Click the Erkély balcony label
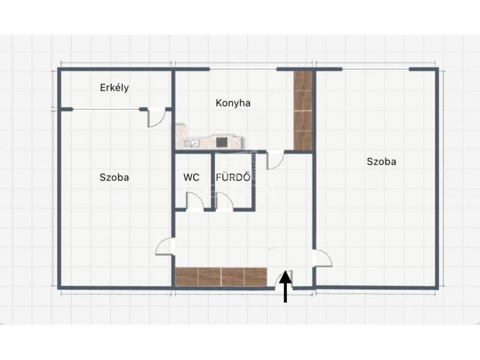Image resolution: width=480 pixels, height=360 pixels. coord(114,88)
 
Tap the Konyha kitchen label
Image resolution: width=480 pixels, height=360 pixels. coord(233,103)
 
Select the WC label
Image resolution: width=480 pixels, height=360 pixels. coord(191,177)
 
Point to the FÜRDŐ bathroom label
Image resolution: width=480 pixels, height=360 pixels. coord(233,177)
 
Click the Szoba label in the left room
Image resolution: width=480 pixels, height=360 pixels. coord(114,177)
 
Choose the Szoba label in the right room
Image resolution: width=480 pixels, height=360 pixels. coord(382,161)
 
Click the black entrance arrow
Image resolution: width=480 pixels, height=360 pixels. coord(286,287)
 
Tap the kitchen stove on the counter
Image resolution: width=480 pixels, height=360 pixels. coord(221,142)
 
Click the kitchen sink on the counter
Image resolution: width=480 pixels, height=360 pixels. coord(192,143)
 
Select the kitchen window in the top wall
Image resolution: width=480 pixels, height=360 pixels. coord(243,69)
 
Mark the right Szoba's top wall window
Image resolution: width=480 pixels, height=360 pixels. coord(376,69)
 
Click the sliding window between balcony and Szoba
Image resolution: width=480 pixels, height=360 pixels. coord(107,109)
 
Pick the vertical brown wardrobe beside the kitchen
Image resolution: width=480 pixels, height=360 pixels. coord(303,110)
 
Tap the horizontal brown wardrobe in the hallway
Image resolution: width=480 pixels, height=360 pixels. coord(221,277)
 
